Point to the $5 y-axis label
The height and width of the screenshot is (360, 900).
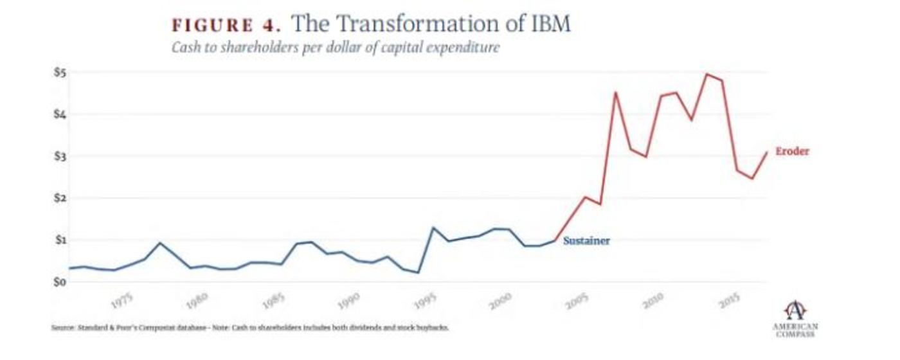pyautogui.click(x=59, y=72)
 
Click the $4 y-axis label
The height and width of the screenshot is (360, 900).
pyautogui.click(x=59, y=114)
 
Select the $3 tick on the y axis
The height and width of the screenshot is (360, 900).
pyautogui.click(x=59, y=156)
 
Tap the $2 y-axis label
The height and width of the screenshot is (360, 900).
pyautogui.click(x=59, y=198)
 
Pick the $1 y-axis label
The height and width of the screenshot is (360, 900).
pyautogui.click(x=59, y=240)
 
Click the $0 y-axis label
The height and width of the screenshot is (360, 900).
pyautogui.click(x=59, y=282)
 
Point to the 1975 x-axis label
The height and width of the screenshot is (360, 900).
pyautogui.click(x=122, y=301)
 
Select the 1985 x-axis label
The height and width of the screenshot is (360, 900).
pyautogui.click(x=274, y=300)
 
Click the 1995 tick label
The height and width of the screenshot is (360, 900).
pyautogui.click(x=426, y=300)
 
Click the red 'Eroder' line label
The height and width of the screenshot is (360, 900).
pyautogui.click(x=792, y=152)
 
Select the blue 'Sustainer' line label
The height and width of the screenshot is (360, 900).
pyautogui.click(x=586, y=241)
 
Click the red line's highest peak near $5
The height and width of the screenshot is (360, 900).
pyautogui.click(x=707, y=75)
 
